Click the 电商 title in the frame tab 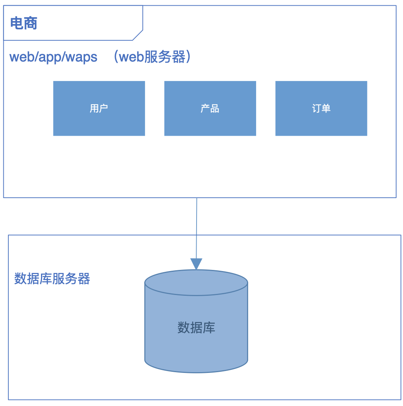(x=24, y=24)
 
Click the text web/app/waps (x=54, y=57)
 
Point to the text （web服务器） (x=151, y=57)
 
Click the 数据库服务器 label (x=52, y=279)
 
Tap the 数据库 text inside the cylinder (x=196, y=327)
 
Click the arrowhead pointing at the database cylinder (x=196, y=263)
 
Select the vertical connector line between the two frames (x=197, y=228)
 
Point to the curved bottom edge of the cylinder (x=196, y=372)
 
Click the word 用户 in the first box (x=99, y=108)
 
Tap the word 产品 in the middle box (x=210, y=109)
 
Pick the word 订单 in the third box (x=321, y=108)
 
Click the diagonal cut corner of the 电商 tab (x=138, y=35)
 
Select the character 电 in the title (x=17, y=24)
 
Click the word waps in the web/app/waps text (x=84, y=57)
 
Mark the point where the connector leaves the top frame (x=197, y=198)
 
